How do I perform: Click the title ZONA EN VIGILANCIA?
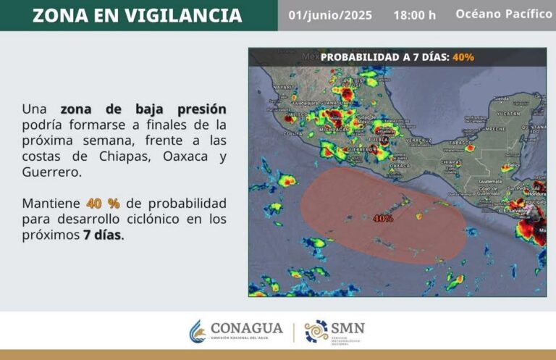[x=137, y=15]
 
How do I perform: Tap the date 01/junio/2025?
[x=330, y=15]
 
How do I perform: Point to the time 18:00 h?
[x=415, y=15]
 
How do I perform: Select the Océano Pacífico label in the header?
[x=503, y=14]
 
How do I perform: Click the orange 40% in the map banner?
[x=463, y=56]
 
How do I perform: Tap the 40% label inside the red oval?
[x=383, y=218]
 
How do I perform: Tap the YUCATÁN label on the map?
[x=510, y=114]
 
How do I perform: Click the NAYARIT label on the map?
[x=281, y=86]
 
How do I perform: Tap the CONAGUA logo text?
[x=245, y=329]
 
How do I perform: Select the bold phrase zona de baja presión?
[x=143, y=109]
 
